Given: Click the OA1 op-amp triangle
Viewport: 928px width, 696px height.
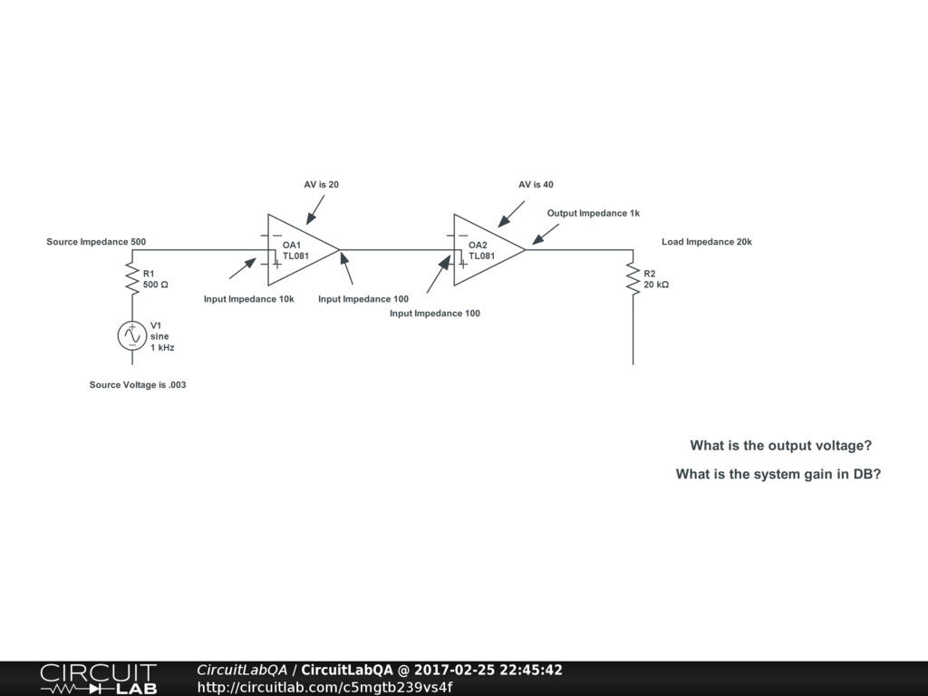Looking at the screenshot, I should pos(299,249).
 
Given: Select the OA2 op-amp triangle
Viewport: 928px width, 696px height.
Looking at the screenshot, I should pos(485,249).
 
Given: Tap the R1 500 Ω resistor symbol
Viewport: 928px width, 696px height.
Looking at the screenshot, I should pos(132,276).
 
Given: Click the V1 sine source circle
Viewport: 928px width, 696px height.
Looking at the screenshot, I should pos(132,335).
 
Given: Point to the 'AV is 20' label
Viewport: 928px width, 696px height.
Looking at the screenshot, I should pos(321,185).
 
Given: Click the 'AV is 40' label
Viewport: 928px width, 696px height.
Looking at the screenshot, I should pos(536,185).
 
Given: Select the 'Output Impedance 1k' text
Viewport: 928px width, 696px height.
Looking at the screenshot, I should pos(593,214).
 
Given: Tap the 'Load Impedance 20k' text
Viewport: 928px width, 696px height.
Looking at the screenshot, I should pos(706,242).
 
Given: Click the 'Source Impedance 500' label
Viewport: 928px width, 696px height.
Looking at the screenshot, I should pos(96,242).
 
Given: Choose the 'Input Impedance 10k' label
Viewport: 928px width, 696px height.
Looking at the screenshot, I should pos(248,299).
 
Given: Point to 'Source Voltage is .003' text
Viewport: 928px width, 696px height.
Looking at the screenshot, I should pos(138,385).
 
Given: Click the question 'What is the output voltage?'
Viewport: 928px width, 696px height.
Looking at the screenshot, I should pos(780,446).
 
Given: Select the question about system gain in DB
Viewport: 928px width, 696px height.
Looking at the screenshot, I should pos(778,474).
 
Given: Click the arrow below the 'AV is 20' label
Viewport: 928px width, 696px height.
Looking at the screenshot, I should pos(315,209).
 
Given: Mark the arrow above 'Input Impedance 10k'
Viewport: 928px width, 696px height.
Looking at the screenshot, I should pos(242,268).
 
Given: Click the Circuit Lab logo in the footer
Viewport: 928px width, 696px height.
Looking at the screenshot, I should pos(98,679).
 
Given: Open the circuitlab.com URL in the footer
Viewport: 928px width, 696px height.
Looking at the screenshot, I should pos(324,687).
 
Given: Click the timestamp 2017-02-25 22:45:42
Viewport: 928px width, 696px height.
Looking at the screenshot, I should pos(488,671).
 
